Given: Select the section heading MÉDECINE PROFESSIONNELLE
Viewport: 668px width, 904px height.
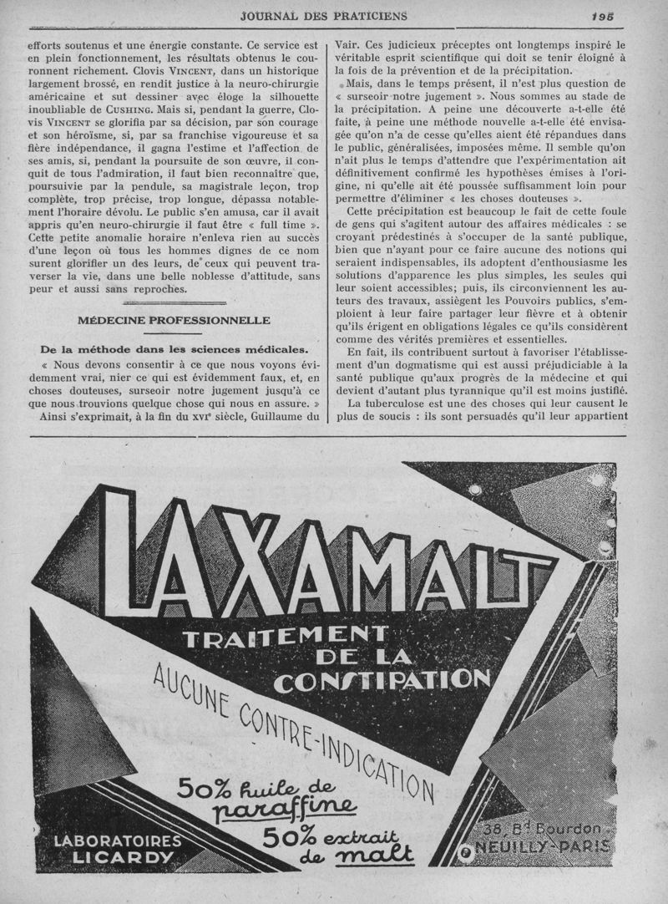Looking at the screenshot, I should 174,320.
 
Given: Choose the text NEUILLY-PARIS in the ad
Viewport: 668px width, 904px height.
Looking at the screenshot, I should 542,846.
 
